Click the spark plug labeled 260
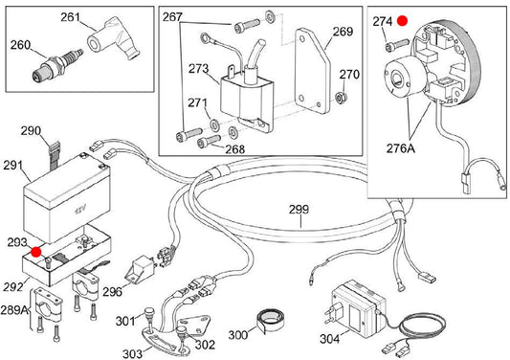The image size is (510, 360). (57, 65)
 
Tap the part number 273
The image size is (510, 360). (198, 69)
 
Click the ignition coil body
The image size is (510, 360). (246, 97)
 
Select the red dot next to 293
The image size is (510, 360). (35, 252)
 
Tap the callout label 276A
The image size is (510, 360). (401, 148)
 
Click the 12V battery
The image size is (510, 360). (67, 198)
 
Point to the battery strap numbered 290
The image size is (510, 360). (55, 156)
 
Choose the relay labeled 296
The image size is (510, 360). (141, 268)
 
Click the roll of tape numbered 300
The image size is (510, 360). (271, 320)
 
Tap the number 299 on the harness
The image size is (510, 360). (299, 210)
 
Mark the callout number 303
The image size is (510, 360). (132, 353)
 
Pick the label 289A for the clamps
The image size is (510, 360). (14, 309)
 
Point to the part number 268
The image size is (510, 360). (234, 149)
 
